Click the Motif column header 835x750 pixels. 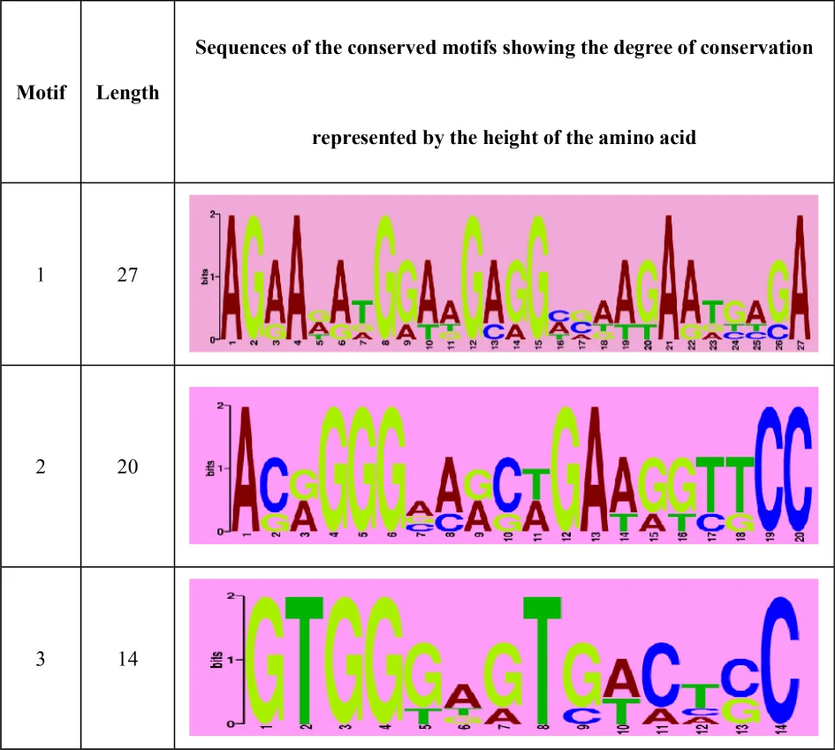pos(41,92)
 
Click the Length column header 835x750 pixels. pos(127,92)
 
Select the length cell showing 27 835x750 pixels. pos(127,276)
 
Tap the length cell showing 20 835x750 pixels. pos(127,466)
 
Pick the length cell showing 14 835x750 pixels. pos(127,659)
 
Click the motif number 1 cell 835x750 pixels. pos(41,276)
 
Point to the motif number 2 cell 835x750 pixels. pos(41,466)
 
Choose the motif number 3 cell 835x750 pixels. pos(41,659)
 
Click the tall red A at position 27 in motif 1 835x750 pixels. pos(800,277)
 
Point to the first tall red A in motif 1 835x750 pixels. pos(231,277)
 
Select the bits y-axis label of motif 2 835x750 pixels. pos(210,467)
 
